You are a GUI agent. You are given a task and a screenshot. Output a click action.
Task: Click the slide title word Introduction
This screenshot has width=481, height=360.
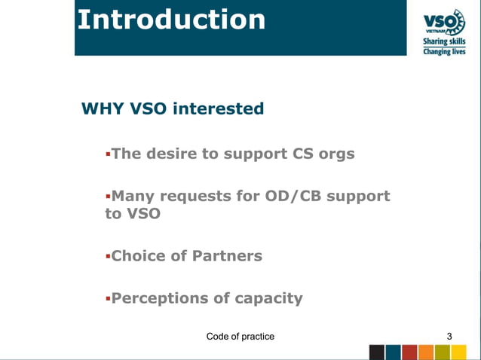coord(171,20)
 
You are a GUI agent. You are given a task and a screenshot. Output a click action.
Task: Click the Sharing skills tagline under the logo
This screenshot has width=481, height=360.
coord(444,42)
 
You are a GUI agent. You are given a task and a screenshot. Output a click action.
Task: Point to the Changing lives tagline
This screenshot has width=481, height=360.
coord(444,52)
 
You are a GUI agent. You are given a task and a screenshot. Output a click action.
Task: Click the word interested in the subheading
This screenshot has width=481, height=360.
coord(219,109)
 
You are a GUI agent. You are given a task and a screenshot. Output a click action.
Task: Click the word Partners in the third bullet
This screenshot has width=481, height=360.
coord(227,256)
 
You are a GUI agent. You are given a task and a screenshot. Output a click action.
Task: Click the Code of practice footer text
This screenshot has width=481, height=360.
coord(240,336)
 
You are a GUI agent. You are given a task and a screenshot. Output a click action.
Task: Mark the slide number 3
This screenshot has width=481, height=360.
coord(450,336)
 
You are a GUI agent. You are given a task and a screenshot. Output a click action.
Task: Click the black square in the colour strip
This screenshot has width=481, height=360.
coord(376,352)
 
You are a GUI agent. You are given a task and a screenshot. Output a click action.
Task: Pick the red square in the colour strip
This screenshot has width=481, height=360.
coord(409,352)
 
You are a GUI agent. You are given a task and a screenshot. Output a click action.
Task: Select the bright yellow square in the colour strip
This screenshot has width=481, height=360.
coord(458,352)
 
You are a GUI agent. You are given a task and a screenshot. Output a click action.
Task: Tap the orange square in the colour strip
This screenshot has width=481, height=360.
coord(426,352)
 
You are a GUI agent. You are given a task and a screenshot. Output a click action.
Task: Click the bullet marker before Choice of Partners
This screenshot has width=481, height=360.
coord(108,256)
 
